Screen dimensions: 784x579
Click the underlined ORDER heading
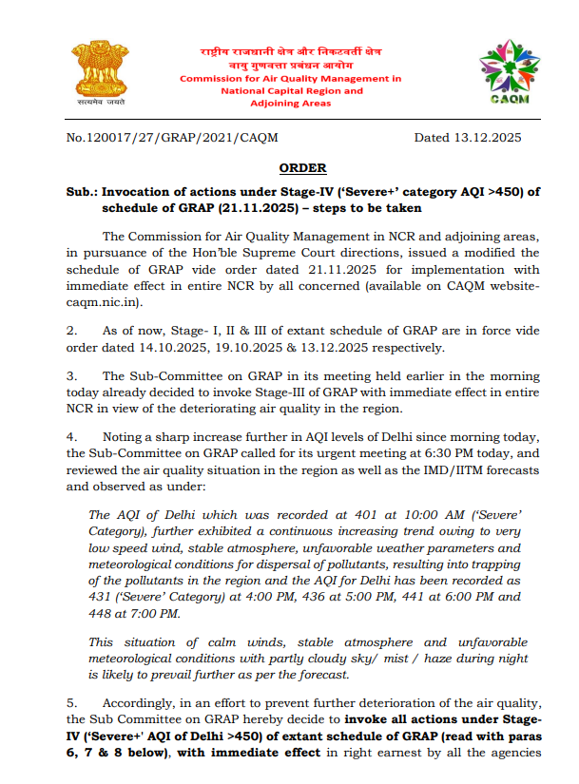(303, 168)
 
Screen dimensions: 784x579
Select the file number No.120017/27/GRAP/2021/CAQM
(173, 138)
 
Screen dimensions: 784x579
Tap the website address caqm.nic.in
(106, 301)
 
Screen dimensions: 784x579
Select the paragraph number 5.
(71, 702)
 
